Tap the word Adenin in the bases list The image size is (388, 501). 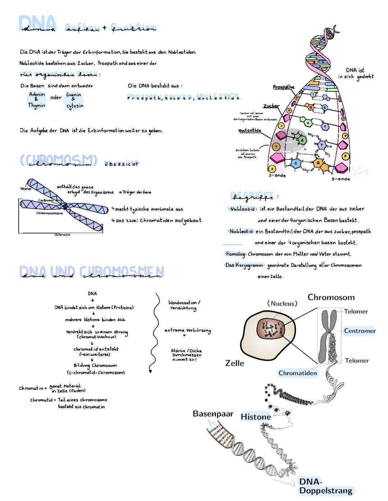click(37, 94)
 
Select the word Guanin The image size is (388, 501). click(74, 95)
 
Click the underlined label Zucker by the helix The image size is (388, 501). click(271, 106)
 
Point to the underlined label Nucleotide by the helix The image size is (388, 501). click(250, 131)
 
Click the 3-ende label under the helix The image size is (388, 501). click(277, 175)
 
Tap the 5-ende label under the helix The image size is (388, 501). click(341, 179)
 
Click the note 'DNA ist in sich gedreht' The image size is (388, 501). click(356, 73)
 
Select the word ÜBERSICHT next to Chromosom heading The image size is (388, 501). click(121, 164)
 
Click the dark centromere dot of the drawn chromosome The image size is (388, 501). click(65, 206)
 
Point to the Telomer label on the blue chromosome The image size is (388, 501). click(26, 189)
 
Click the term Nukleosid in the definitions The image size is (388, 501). click(242, 209)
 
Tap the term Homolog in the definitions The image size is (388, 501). click(235, 254)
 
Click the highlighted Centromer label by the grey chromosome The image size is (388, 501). click(359, 331)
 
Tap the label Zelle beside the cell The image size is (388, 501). click(235, 363)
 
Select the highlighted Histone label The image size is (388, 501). click(255, 417)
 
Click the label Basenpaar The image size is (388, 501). click(213, 413)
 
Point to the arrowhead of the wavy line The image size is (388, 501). click(150, 371)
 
